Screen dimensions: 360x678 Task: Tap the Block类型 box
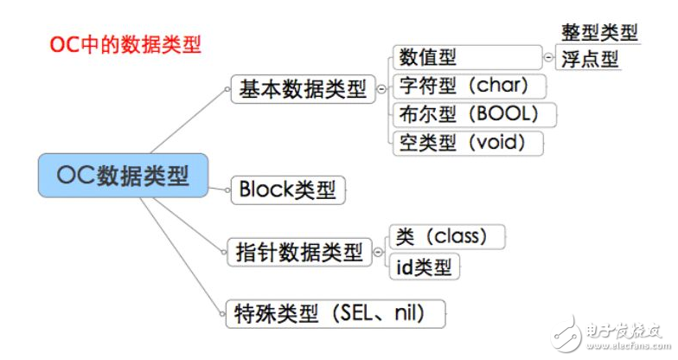288,190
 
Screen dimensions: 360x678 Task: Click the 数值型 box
466,58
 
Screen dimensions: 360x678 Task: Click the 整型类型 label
598,33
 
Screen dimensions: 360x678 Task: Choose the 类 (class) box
446,236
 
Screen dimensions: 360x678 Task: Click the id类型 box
425,267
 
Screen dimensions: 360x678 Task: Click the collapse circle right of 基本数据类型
381,89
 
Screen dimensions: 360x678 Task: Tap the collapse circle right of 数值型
548,58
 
